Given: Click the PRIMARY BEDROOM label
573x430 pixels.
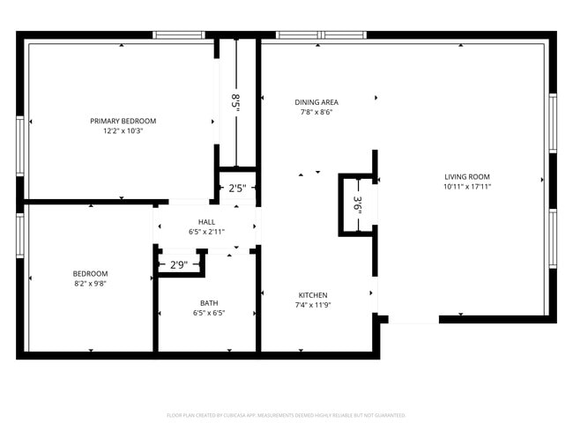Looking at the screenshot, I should [x=123, y=121].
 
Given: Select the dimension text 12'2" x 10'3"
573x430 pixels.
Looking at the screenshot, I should [x=123, y=130].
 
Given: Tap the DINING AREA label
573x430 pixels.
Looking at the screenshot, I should [x=316, y=102].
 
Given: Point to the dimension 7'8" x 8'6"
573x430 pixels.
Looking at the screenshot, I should [x=316, y=112].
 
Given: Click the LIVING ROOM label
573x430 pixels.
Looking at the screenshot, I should [x=466, y=176].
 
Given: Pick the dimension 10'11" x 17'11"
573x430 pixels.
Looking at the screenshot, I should [x=466, y=186].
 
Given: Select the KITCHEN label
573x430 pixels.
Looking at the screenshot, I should [x=313, y=295].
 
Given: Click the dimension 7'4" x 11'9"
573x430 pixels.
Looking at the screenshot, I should [x=313, y=305].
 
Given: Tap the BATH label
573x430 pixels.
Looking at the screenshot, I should [x=208, y=303].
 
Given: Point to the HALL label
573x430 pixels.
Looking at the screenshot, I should [x=206, y=222].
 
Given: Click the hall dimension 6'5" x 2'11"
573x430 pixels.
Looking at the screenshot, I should [x=206, y=232].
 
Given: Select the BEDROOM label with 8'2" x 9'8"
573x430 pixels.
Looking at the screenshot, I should [x=90, y=273].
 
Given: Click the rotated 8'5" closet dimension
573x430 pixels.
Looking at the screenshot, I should [x=235, y=101].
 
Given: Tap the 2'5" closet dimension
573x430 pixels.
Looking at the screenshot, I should [x=237, y=189].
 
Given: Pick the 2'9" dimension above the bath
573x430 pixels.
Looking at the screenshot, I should [x=178, y=264].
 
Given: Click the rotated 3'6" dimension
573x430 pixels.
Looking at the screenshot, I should [x=357, y=204].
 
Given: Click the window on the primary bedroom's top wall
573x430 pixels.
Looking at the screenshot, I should [x=179, y=35].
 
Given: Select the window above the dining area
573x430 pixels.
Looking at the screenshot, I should [x=321, y=35].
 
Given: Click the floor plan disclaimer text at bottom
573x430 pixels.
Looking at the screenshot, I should [x=286, y=415].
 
